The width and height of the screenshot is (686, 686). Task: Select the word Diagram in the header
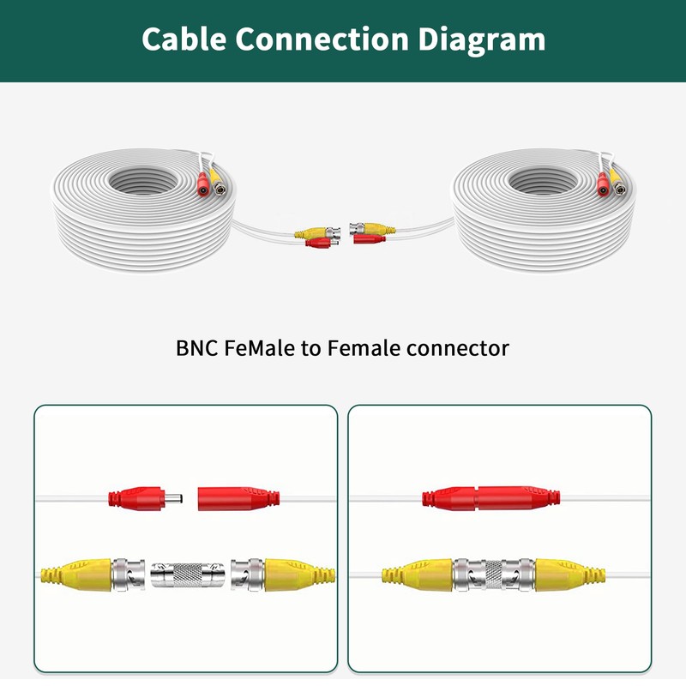point(489,39)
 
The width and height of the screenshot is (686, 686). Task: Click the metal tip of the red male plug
point(174,496)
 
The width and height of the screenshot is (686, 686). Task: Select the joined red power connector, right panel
point(486,497)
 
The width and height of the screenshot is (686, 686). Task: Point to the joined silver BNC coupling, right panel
point(494,573)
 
